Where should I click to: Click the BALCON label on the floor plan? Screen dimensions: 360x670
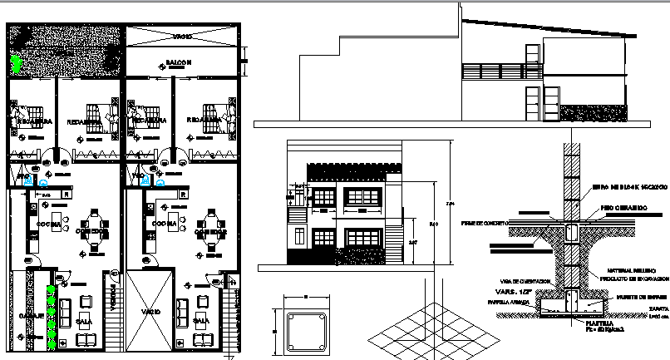click(x=179, y=62)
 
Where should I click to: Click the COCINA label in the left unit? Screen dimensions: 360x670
click(x=47, y=224)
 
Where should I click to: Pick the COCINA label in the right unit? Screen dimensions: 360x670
click(x=165, y=224)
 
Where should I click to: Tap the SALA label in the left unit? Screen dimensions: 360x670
click(x=84, y=319)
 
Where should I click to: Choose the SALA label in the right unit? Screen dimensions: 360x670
click(x=200, y=319)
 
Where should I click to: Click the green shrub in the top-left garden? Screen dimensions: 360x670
click(x=17, y=62)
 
